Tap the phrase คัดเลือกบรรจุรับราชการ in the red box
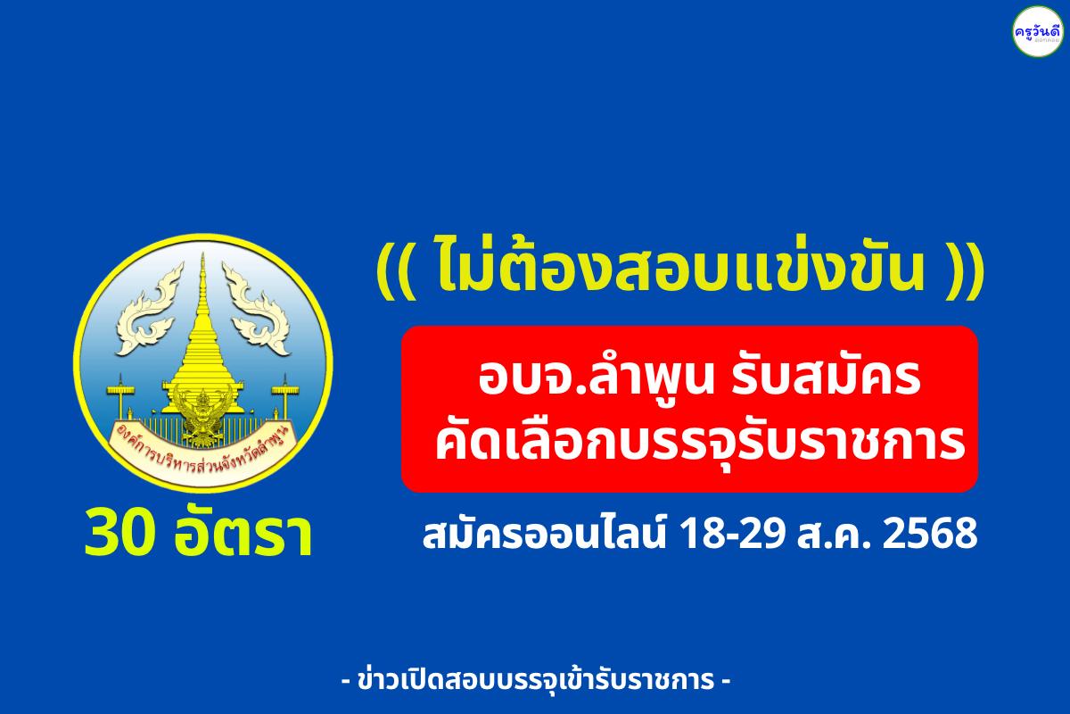tap(699, 444)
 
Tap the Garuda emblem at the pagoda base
tap(202, 406)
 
